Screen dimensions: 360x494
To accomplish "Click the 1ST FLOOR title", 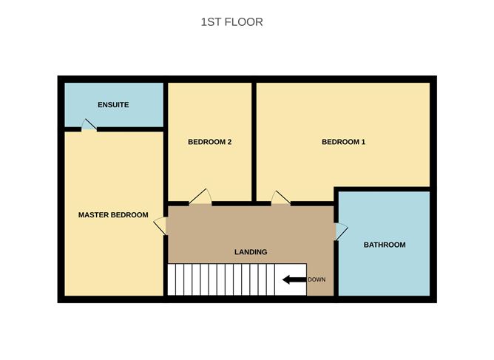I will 231,22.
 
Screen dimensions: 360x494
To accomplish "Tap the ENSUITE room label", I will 113,105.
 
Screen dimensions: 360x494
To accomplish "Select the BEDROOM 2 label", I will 210,142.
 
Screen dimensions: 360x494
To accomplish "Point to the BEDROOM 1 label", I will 343,142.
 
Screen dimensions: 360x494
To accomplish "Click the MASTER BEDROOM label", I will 113,215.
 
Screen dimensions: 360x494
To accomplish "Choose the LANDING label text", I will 251,252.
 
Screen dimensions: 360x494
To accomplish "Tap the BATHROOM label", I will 384,245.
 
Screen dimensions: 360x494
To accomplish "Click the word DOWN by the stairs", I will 316,279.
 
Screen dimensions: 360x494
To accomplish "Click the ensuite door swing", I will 89,126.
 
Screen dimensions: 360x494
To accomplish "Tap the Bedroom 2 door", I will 201,197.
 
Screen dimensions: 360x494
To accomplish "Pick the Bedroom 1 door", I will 281,197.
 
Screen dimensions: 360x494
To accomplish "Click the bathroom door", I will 341,231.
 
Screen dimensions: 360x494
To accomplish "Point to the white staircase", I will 237,279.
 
